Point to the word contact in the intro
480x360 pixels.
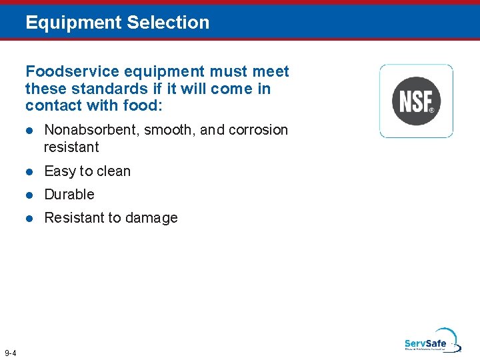pyautogui.click(x=53, y=105)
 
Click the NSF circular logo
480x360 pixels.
pyautogui.click(x=416, y=101)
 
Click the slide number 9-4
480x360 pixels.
pyautogui.click(x=11, y=353)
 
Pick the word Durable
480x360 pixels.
pyautogui.click(x=69, y=195)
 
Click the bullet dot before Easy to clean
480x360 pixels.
pyautogui.click(x=29, y=171)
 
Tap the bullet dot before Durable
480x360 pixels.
pyautogui.click(x=29, y=195)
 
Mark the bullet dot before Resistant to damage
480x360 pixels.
pyautogui.click(x=29, y=218)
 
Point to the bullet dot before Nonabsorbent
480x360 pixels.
pyautogui.click(x=29, y=130)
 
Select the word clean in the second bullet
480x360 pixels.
pyautogui.click(x=114, y=171)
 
